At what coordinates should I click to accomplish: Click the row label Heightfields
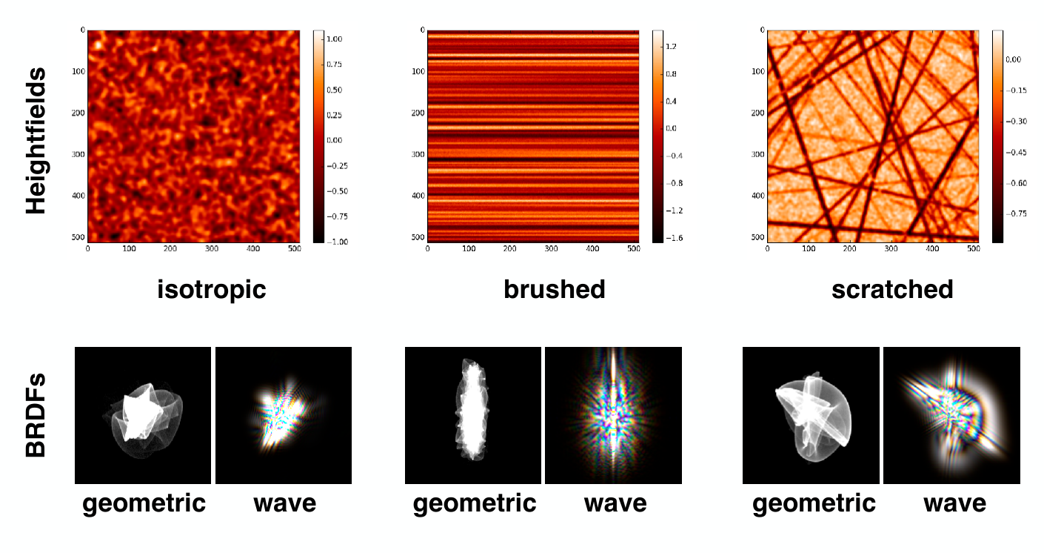coord(36,140)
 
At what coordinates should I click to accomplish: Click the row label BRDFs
coord(36,414)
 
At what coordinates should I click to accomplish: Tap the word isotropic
coord(212,289)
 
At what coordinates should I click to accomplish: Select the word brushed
coord(554,289)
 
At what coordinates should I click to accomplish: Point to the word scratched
coord(892,289)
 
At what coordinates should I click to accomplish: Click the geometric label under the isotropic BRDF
coord(144,503)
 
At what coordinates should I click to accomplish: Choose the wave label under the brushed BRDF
coord(615,503)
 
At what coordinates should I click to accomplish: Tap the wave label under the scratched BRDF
coord(955,503)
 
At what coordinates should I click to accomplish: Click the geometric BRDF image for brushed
coord(473,415)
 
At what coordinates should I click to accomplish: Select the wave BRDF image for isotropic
coord(284,415)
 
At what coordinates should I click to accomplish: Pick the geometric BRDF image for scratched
coord(811,415)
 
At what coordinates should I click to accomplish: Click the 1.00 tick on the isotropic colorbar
coord(334,39)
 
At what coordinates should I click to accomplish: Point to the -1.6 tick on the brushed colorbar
coord(674,238)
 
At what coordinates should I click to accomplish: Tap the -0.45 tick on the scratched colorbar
coord(1016,152)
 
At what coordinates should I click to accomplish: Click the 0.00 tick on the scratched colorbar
coord(1013,59)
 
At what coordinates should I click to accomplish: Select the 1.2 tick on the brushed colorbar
coord(671,46)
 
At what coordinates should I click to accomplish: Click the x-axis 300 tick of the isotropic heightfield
coord(212,249)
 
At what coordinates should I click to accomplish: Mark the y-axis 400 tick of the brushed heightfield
coord(418,196)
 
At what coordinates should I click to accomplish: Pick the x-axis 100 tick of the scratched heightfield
coord(809,249)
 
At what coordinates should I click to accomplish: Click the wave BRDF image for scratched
coord(951,415)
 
